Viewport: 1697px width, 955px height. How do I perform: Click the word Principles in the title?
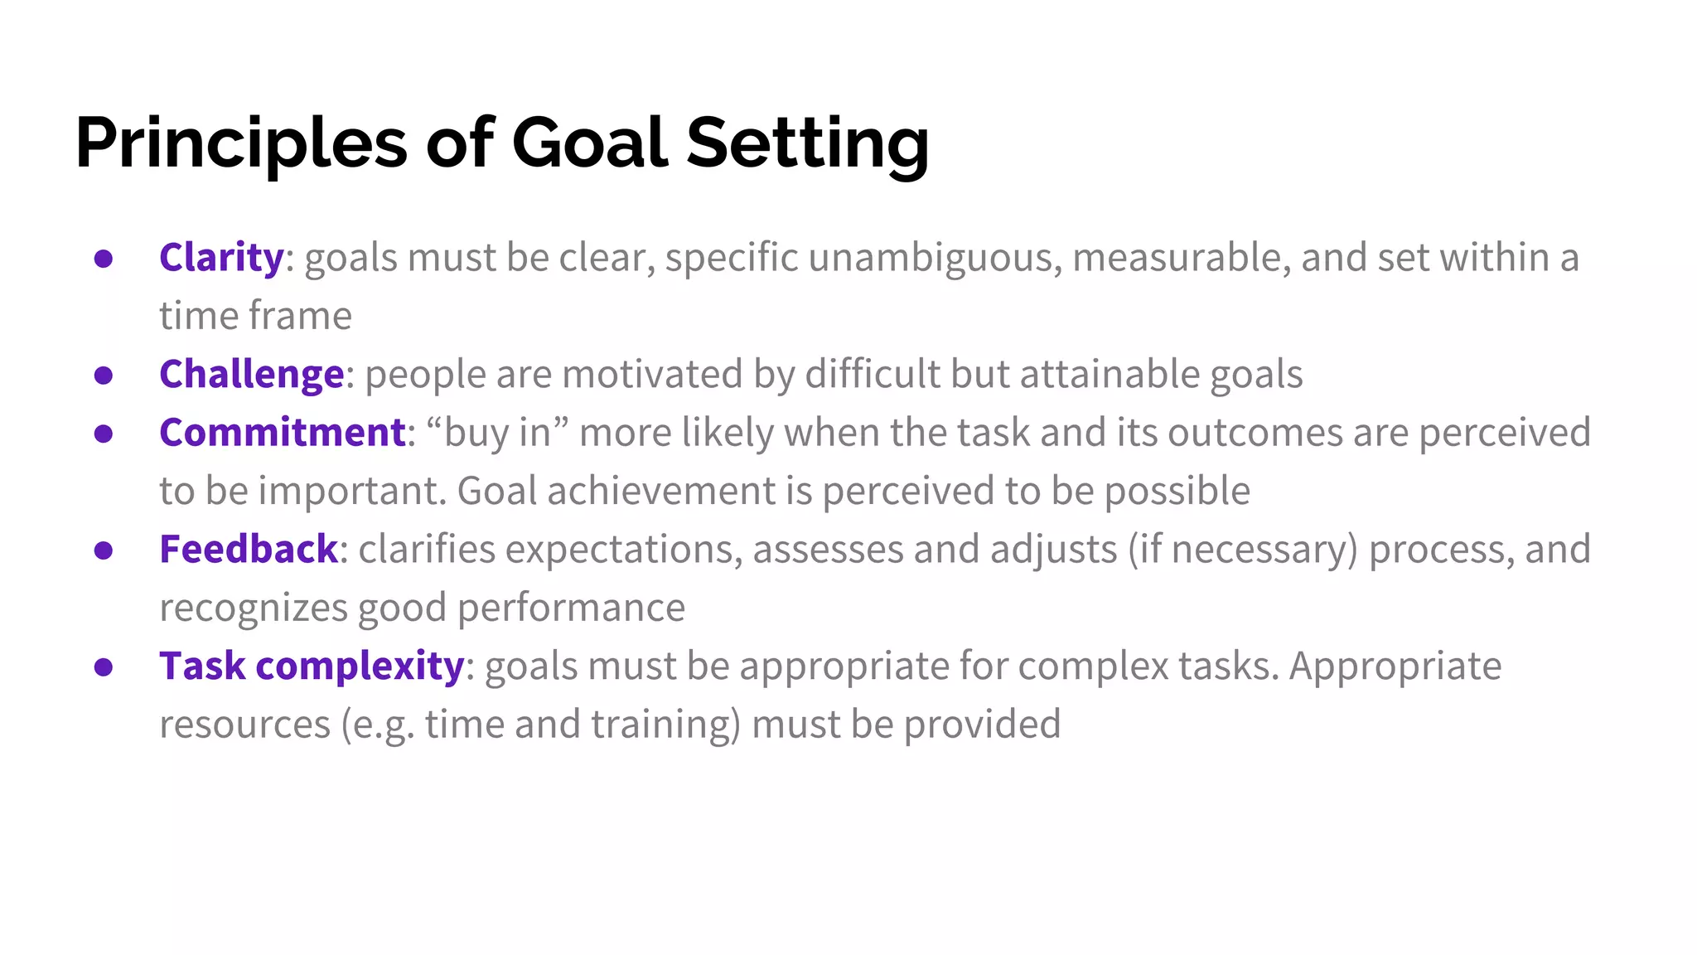[240, 143]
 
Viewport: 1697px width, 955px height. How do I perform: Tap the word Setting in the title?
[807, 143]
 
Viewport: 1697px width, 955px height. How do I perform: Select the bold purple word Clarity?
[221, 258]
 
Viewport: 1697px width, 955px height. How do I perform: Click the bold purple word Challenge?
[251, 375]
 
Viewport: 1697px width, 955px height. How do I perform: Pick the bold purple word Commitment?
[282, 433]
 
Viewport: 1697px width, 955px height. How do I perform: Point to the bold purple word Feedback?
[248, 550]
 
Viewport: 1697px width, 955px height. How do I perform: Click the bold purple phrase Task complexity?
[312, 667]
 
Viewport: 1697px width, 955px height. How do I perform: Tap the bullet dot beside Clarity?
[104, 259]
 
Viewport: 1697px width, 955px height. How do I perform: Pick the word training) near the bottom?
[665, 725]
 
